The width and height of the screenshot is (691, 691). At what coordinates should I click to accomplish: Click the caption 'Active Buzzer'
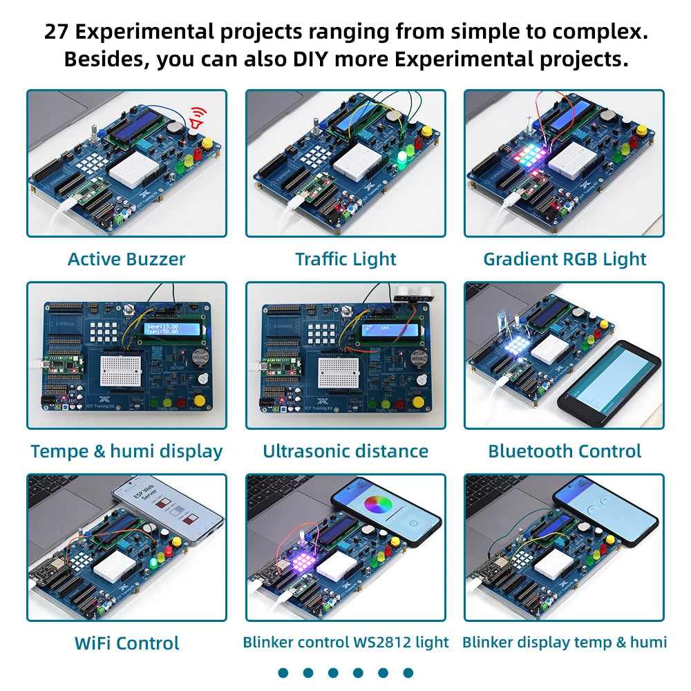[126, 259]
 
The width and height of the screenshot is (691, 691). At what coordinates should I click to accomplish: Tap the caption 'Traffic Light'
[345, 259]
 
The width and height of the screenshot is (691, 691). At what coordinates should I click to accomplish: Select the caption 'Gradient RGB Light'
[565, 259]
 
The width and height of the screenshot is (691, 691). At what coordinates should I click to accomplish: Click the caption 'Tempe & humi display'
[126, 451]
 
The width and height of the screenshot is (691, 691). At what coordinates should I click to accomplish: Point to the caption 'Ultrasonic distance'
[345, 451]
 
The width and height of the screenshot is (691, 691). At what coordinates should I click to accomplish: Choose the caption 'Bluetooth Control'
[565, 451]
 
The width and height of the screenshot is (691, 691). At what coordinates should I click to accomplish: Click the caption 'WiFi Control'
[126, 643]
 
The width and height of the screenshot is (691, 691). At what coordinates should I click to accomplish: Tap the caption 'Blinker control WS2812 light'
[345, 642]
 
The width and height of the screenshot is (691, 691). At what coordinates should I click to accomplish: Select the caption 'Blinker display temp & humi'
[565, 642]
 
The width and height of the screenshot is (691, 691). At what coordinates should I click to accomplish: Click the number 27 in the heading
[58, 32]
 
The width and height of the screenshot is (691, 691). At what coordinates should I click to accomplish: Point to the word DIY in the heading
[310, 59]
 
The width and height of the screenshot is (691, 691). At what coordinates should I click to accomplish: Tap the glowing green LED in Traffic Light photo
[402, 160]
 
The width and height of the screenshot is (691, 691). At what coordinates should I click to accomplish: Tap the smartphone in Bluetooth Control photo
[608, 382]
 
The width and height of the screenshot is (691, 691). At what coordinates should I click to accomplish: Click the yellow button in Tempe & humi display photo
[200, 400]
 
